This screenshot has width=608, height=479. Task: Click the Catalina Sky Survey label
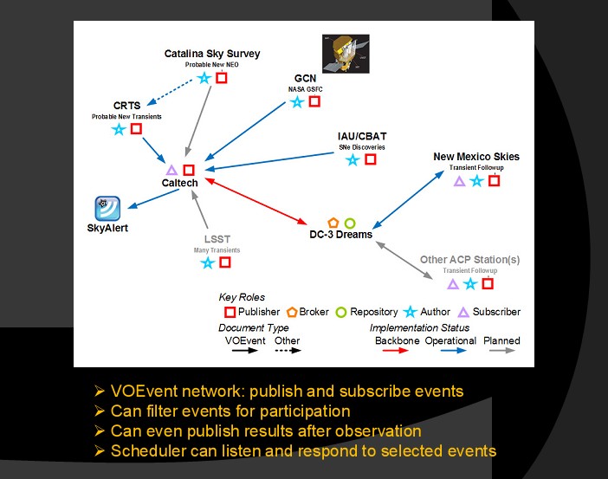[x=212, y=54]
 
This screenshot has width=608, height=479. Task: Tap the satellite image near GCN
[x=345, y=54]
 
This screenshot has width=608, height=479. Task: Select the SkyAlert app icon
[x=107, y=209]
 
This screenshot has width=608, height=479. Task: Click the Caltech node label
[x=180, y=183]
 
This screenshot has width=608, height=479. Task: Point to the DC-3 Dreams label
[x=340, y=235]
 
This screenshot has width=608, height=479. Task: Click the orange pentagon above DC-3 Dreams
[x=333, y=223]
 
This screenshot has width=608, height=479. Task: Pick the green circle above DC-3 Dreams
[x=349, y=223]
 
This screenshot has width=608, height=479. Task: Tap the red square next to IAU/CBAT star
[x=371, y=159]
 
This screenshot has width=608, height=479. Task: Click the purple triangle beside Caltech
[x=171, y=170]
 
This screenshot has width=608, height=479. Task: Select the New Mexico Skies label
[x=476, y=157]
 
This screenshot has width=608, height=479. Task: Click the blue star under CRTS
[x=119, y=129]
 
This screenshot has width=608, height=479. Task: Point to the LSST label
[x=217, y=239]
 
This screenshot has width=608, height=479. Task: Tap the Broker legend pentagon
[x=292, y=312]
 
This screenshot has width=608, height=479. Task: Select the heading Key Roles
[x=243, y=297]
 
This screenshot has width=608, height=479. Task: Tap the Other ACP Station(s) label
[x=469, y=259]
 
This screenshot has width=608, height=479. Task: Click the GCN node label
[x=305, y=78]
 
